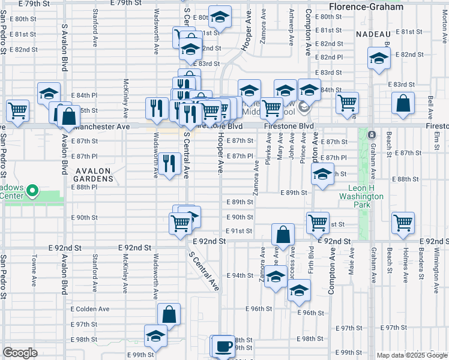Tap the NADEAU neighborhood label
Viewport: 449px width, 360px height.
click(x=373, y=34)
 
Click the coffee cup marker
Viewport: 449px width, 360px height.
click(x=224, y=347)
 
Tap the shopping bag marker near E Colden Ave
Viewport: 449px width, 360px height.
click(x=169, y=313)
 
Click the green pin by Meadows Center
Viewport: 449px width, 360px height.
click(x=33, y=193)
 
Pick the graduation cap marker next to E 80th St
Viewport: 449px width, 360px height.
click(x=220, y=18)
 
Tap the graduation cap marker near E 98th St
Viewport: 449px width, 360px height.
click(x=155, y=336)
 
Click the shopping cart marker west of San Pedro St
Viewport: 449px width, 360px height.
click(x=17, y=110)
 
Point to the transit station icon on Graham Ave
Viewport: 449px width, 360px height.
click(x=372, y=134)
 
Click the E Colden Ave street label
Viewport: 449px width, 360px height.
click(x=90, y=309)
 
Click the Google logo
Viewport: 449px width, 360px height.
click(x=20, y=353)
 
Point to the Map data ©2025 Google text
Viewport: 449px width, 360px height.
click(x=411, y=355)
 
